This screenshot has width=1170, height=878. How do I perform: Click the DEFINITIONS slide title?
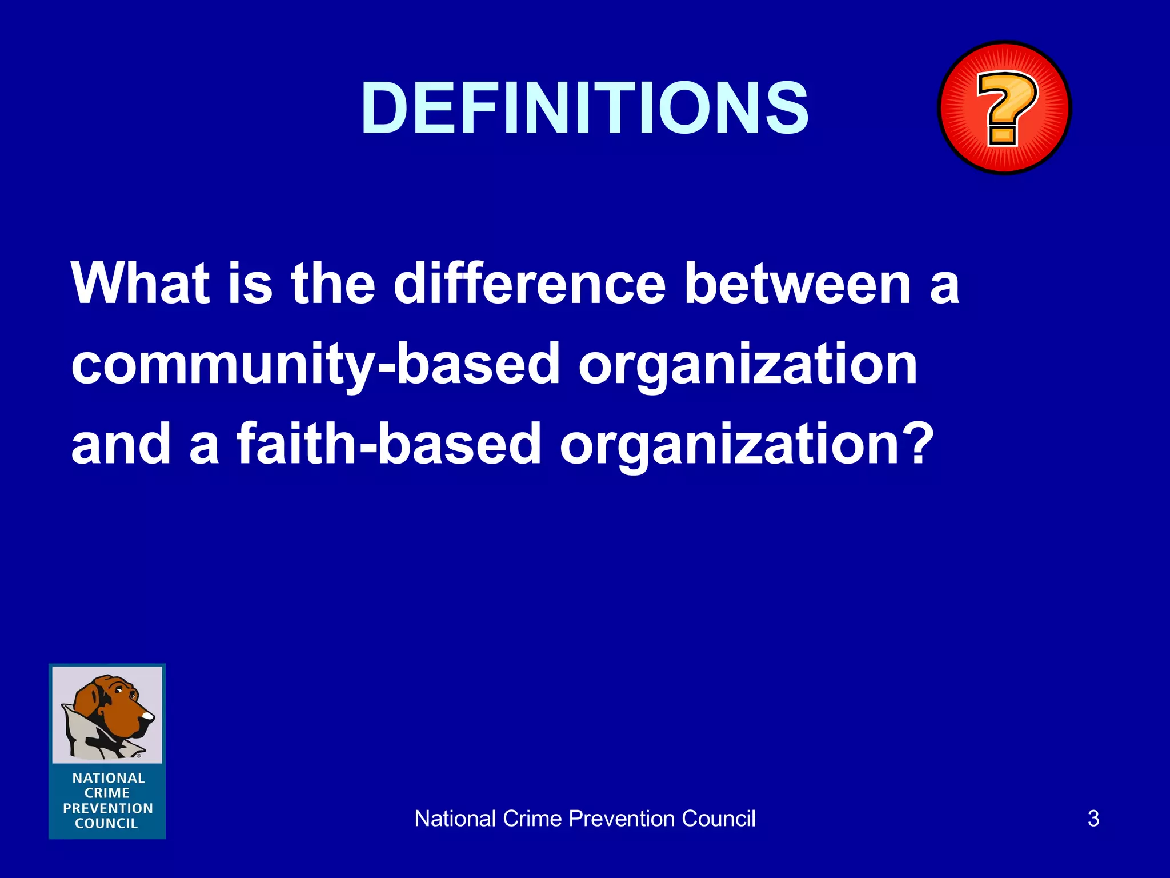point(584,109)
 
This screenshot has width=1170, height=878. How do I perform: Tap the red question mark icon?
point(1004,107)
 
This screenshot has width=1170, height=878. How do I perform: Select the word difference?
point(530,284)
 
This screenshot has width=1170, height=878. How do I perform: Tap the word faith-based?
point(388,444)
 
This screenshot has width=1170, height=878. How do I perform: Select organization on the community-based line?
point(748,365)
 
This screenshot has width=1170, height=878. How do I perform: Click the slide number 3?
point(1093,819)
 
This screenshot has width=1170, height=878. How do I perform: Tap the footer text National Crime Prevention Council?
point(584,819)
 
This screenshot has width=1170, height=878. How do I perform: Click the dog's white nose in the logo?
point(148,716)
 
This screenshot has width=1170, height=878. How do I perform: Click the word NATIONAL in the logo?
point(108,778)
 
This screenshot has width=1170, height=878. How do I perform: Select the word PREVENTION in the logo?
point(108,808)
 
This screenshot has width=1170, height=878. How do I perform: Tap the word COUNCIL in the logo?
point(107,824)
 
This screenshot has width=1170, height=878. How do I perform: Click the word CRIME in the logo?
point(107,793)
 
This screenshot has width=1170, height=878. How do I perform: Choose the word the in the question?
point(333,284)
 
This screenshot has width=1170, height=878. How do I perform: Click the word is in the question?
point(250,284)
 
